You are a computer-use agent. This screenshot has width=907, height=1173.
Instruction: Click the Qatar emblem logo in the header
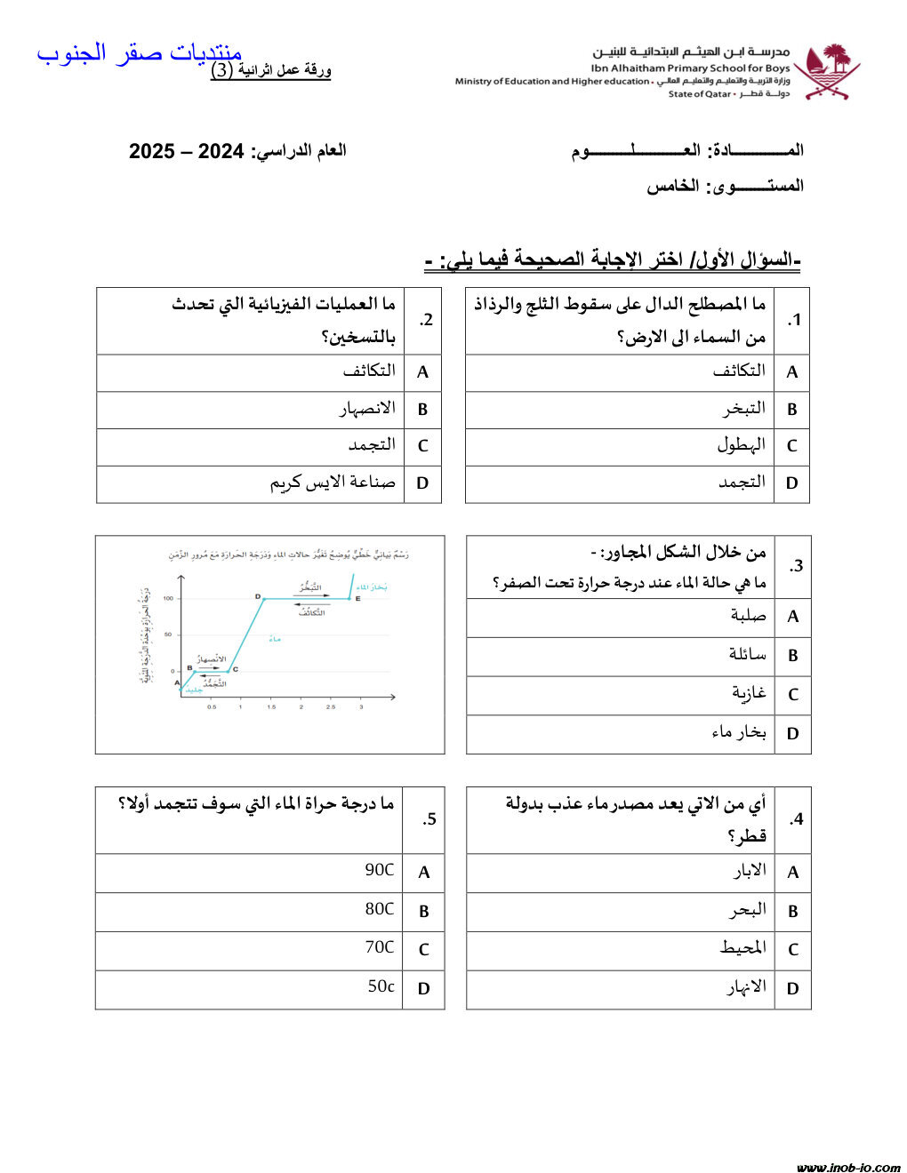pyautogui.click(x=827, y=71)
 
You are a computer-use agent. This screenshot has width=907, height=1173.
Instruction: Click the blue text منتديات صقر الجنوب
pyautogui.click(x=139, y=53)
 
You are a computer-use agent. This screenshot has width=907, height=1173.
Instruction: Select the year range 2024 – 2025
pyautogui.click(x=187, y=151)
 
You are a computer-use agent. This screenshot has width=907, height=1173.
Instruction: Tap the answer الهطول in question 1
pyautogui.click(x=742, y=444)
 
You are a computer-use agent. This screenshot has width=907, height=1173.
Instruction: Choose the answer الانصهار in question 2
pyautogui.click(x=367, y=409)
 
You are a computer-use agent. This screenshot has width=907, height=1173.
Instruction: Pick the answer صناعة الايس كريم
pyautogui.click(x=333, y=483)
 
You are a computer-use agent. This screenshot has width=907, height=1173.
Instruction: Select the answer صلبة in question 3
pyautogui.click(x=748, y=616)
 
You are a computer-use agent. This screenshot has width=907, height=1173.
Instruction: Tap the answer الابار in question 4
pyautogui.click(x=749, y=871)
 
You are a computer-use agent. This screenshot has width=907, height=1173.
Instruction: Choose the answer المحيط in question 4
pyautogui.click(x=742, y=948)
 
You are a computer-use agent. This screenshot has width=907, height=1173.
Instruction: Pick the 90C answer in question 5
pyautogui.click(x=380, y=871)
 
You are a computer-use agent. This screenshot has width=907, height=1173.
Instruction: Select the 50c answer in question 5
pyautogui.click(x=381, y=986)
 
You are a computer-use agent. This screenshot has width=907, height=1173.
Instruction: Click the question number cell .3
pyautogui.click(x=794, y=566)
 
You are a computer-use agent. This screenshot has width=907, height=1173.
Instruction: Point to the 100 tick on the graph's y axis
pyautogui.click(x=168, y=599)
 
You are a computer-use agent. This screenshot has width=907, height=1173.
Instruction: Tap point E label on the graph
pyautogui.click(x=357, y=600)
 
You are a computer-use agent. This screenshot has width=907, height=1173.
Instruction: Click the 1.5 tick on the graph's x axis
pyautogui.click(x=271, y=707)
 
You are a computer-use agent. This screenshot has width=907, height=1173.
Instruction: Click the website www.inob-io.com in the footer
pyautogui.click(x=848, y=1167)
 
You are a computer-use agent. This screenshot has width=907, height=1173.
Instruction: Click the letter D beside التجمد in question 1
pyautogui.click(x=792, y=483)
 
